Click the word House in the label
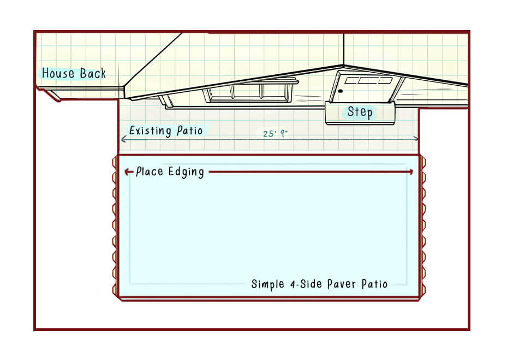click(x=58, y=73)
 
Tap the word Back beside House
click(x=93, y=73)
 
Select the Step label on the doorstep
click(x=360, y=112)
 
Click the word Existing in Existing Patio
click(x=150, y=131)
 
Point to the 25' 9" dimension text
click(x=275, y=133)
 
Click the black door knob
click(x=340, y=91)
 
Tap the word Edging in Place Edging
click(x=186, y=172)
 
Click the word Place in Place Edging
click(x=150, y=171)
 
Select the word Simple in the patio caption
click(x=268, y=284)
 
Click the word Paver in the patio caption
click(x=341, y=284)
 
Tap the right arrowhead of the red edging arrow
click(x=411, y=172)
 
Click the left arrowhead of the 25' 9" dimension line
click(x=123, y=139)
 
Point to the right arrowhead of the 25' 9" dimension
click(x=416, y=139)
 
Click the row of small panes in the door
click(x=368, y=80)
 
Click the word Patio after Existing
click(x=189, y=131)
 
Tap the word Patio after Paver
click(x=374, y=284)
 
